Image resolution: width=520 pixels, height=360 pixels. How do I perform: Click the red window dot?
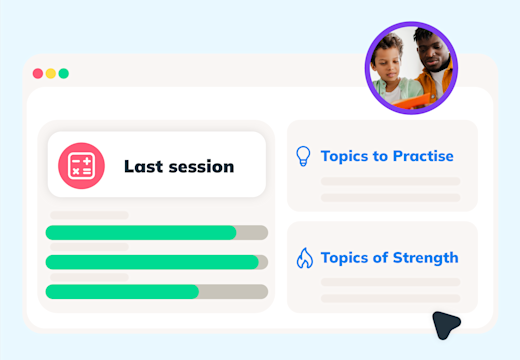click(38, 73)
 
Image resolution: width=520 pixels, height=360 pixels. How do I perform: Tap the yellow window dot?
click(51, 73)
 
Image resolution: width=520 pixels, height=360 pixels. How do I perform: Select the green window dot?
click(64, 73)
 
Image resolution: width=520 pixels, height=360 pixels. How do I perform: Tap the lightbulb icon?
click(304, 156)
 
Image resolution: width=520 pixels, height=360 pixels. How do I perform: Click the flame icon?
click(304, 258)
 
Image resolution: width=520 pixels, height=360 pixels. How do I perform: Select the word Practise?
click(418, 156)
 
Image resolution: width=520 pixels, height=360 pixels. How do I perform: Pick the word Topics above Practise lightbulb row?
click(345, 156)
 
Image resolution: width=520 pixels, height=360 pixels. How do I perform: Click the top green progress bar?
click(141, 233)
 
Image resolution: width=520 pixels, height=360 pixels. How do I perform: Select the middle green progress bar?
click(151, 262)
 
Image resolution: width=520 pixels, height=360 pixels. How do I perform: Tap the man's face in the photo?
click(431, 50)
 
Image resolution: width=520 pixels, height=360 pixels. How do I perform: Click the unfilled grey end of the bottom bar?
click(233, 292)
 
